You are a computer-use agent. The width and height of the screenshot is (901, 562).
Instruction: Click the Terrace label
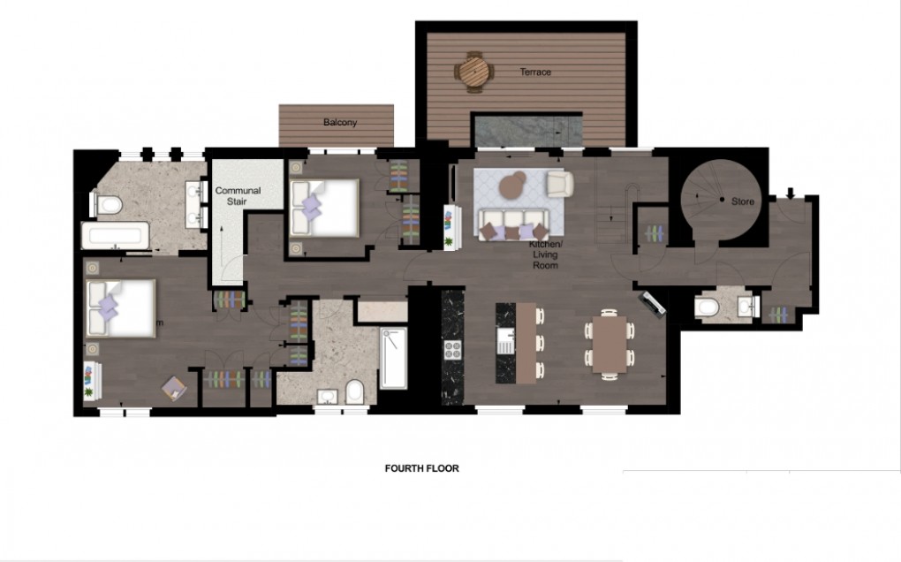(535, 72)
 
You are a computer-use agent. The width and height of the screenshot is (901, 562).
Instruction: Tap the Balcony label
(340, 123)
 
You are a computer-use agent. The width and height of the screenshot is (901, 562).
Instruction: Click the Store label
(743, 201)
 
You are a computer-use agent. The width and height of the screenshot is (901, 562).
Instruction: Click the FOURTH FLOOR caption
(421, 468)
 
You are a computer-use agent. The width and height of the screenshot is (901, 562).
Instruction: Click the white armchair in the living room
(558, 184)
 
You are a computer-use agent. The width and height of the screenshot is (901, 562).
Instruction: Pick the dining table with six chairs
(609, 344)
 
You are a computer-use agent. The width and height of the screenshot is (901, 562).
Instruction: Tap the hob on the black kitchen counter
(454, 348)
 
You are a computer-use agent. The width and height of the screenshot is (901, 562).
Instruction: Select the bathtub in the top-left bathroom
(116, 236)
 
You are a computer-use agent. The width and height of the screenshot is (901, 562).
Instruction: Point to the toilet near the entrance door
(708, 307)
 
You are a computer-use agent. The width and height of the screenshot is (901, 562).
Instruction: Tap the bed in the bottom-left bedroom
(120, 307)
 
